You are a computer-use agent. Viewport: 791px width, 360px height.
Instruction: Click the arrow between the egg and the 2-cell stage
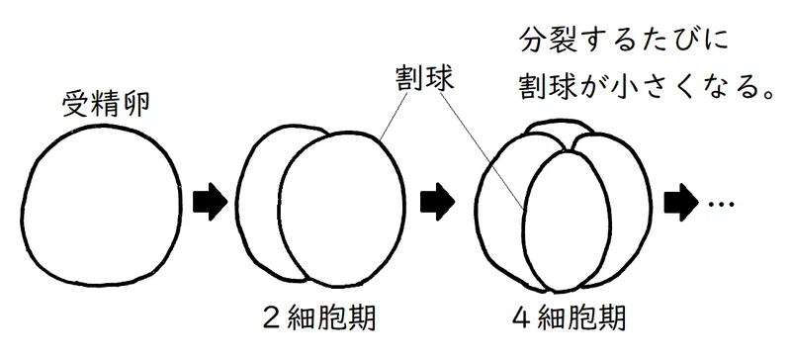click(x=211, y=202)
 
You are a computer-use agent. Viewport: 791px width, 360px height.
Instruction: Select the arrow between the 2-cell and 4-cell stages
click(x=438, y=202)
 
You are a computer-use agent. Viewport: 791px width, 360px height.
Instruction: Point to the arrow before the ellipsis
click(x=681, y=202)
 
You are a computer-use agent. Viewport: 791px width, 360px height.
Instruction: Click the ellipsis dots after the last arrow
click(x=722, y=204)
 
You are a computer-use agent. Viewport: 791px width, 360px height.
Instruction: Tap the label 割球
click(x=424, y=80)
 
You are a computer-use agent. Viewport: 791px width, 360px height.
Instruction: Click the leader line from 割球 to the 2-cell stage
click(x=394, y=117)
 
